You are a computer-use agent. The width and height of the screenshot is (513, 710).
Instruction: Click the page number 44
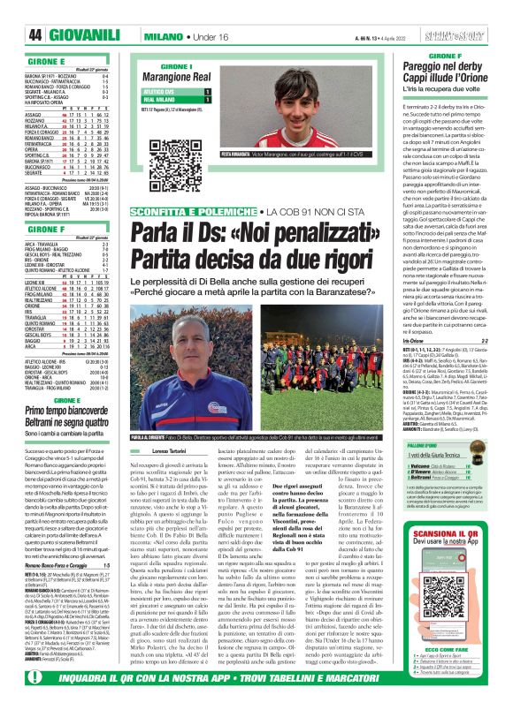point(15,11)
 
